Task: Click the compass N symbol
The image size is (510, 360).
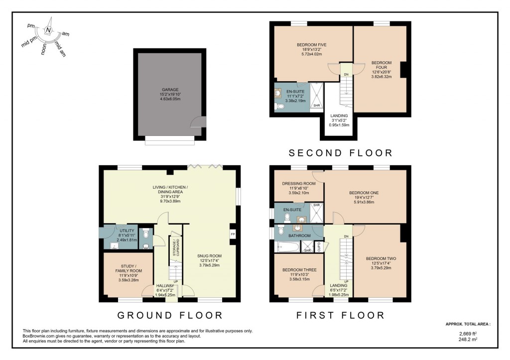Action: tap(48, 30)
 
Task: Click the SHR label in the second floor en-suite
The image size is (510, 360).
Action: tap(317, 105)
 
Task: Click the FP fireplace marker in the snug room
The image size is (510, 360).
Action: tap(232, 234)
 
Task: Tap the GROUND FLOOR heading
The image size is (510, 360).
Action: tap(169, 315)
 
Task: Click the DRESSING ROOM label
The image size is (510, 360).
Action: tap(299, 183)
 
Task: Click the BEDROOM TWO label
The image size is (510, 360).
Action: tap(381, 258)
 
